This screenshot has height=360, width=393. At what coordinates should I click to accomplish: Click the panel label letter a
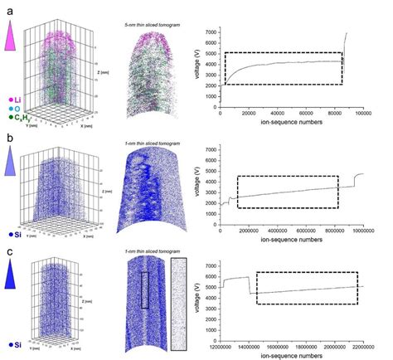coord(7,9)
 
